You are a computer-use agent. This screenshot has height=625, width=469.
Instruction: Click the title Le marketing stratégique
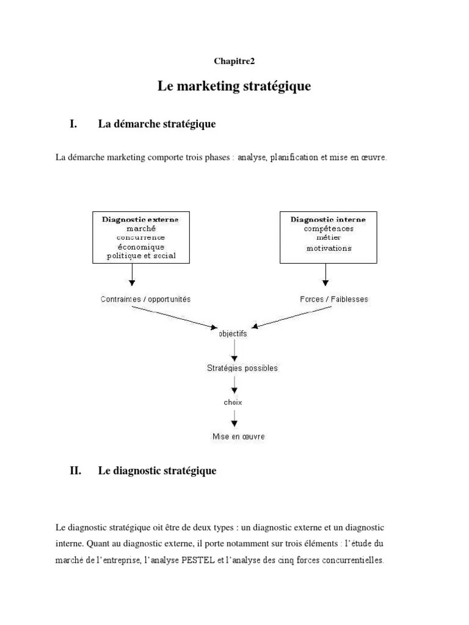pos(234,87)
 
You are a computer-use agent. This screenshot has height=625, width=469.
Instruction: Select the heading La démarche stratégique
pos(157,125)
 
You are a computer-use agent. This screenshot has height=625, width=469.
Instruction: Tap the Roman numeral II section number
pos(76,471)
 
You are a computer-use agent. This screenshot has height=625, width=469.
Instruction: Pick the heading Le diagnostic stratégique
pos(157,471)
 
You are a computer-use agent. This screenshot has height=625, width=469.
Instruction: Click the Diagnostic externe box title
pos(140,219)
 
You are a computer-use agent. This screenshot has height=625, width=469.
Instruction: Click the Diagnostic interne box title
pos(329,219)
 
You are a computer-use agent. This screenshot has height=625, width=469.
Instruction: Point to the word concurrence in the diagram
pos(140,237)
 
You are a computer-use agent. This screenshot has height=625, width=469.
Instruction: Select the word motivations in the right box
pos(329,248)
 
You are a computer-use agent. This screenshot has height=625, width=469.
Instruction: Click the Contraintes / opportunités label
pos(145,299)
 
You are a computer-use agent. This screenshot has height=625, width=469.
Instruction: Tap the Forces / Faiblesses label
pos(334,299)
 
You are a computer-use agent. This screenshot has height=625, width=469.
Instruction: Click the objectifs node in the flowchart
pos(233,334)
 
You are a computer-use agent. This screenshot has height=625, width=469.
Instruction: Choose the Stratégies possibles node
pos(242,368)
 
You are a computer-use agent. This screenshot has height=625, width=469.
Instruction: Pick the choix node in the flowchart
pos(233,402)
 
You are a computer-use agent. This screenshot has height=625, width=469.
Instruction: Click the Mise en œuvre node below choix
pos(238,436)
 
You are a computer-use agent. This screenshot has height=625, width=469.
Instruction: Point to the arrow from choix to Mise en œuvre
pos(234,419)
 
